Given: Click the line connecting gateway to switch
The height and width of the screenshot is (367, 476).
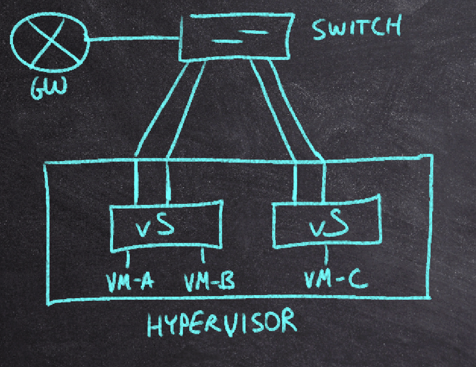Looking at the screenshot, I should (x=133, y=38).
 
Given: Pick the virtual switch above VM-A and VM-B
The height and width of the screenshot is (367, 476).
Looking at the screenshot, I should (x=165, y=225).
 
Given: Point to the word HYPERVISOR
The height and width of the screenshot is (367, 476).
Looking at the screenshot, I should (x=222, y=324).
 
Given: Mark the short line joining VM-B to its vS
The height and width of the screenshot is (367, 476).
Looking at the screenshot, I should (x=203, y=255).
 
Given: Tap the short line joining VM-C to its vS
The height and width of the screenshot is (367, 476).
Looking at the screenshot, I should (x=327, y=254).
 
